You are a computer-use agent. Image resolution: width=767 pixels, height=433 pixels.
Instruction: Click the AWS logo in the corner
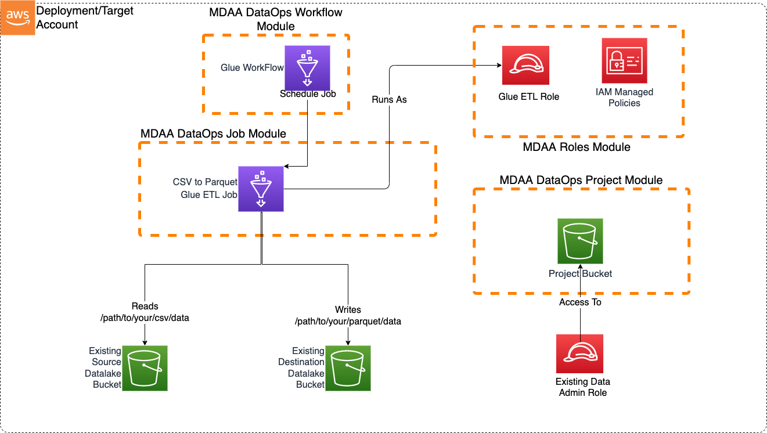[x=18, y=18]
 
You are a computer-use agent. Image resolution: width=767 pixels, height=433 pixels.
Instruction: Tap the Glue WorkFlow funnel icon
[x=307, y=68]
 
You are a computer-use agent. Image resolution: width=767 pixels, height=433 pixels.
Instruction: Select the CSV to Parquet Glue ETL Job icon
[x=261, y=189]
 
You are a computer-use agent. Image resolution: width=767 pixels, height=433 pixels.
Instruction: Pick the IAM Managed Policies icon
[x=624, y=61]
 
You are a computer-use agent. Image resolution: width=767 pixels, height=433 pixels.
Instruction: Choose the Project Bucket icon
[x=580, y=241]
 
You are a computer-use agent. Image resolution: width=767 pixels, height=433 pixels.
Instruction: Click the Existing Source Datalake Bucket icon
[x=145, y=368]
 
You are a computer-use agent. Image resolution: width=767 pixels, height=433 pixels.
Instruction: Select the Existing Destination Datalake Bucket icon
[x=348, y=368]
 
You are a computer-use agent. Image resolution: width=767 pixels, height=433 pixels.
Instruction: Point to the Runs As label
[x=389, y=99]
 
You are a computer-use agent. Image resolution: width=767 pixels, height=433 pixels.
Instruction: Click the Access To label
[x=580, y=302]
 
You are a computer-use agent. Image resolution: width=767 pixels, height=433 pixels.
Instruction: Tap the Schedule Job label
[x=307, y=94]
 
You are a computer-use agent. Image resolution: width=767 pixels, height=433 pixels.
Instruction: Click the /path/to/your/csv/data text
[x=145, y=317]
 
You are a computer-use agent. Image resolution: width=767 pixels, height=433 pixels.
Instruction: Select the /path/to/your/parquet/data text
[x=348, y=321]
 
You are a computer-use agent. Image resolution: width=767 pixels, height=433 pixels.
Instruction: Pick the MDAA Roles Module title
[x=576, y=147]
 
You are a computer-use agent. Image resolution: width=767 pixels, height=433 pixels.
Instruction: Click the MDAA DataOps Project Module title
[x=581, y=180]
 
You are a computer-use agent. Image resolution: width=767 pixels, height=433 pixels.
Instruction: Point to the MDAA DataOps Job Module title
[x=213, y=133]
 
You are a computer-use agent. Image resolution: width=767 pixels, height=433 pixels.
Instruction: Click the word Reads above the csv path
[x=145, y=306]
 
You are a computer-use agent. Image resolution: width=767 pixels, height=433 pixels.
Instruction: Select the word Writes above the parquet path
[x=348, y=309]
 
